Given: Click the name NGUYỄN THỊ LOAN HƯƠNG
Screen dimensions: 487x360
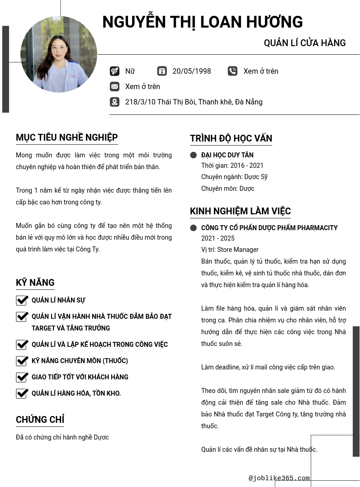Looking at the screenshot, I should pos(202,22).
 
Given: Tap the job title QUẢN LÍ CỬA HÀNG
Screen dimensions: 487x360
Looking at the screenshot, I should pos(304,43).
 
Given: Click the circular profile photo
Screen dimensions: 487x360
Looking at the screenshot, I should pos(59,54).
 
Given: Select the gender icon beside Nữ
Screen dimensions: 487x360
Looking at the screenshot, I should pos(114,71).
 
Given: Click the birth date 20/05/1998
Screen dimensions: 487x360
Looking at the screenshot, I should pos(191,71).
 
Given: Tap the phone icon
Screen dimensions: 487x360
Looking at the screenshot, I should pos(232,71).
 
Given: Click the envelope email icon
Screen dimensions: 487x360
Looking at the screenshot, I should pos(114,86).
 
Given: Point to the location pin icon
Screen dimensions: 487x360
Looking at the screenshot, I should pos(114,102).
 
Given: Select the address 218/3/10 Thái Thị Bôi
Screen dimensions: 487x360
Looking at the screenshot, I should pos(194,102).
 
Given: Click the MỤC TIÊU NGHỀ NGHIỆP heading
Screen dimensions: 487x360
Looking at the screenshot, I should pos(66,137).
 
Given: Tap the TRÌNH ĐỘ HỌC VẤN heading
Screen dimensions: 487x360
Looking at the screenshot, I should pos(231,138).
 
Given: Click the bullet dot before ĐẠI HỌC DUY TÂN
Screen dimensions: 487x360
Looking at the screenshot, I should pos(194,155).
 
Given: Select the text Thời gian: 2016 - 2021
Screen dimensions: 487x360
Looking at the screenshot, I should pos(232,165).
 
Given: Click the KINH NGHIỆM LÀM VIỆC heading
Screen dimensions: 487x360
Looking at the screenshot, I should pos(240,211).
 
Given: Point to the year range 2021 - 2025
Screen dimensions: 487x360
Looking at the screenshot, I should pos(218,238).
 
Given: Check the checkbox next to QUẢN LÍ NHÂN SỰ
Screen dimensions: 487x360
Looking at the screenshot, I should pos(22,300).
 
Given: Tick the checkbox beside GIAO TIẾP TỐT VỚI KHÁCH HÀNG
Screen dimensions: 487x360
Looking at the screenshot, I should pos(22,377).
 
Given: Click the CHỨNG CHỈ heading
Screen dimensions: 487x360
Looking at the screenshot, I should pos(40,420).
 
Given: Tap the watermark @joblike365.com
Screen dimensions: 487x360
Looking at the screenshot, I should pos(279,478).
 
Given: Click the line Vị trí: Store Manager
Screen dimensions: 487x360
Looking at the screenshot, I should pos(230,250).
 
